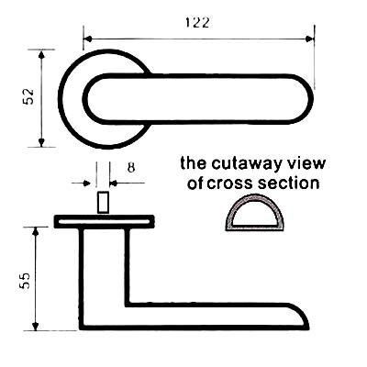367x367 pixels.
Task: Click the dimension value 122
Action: tap(197, 23)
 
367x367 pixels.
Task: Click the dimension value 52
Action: tap(28, 96)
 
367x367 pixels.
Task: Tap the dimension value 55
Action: tap(25, 281)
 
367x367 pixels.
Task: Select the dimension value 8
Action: tap(131, 168)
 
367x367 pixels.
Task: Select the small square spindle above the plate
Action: tap(104, 202)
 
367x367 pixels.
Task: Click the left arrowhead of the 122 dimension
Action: tap(88, 39)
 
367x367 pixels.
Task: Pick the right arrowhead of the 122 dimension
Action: tap(310, 39)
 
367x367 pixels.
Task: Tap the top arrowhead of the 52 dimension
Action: tap(41, 54)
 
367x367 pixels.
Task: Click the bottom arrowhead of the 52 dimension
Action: tap(41, 142)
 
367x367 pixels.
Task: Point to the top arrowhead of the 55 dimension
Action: tap(36, 231)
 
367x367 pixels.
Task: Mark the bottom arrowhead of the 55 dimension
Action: tap(36, 326)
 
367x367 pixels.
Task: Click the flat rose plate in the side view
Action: tap(104, 221)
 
